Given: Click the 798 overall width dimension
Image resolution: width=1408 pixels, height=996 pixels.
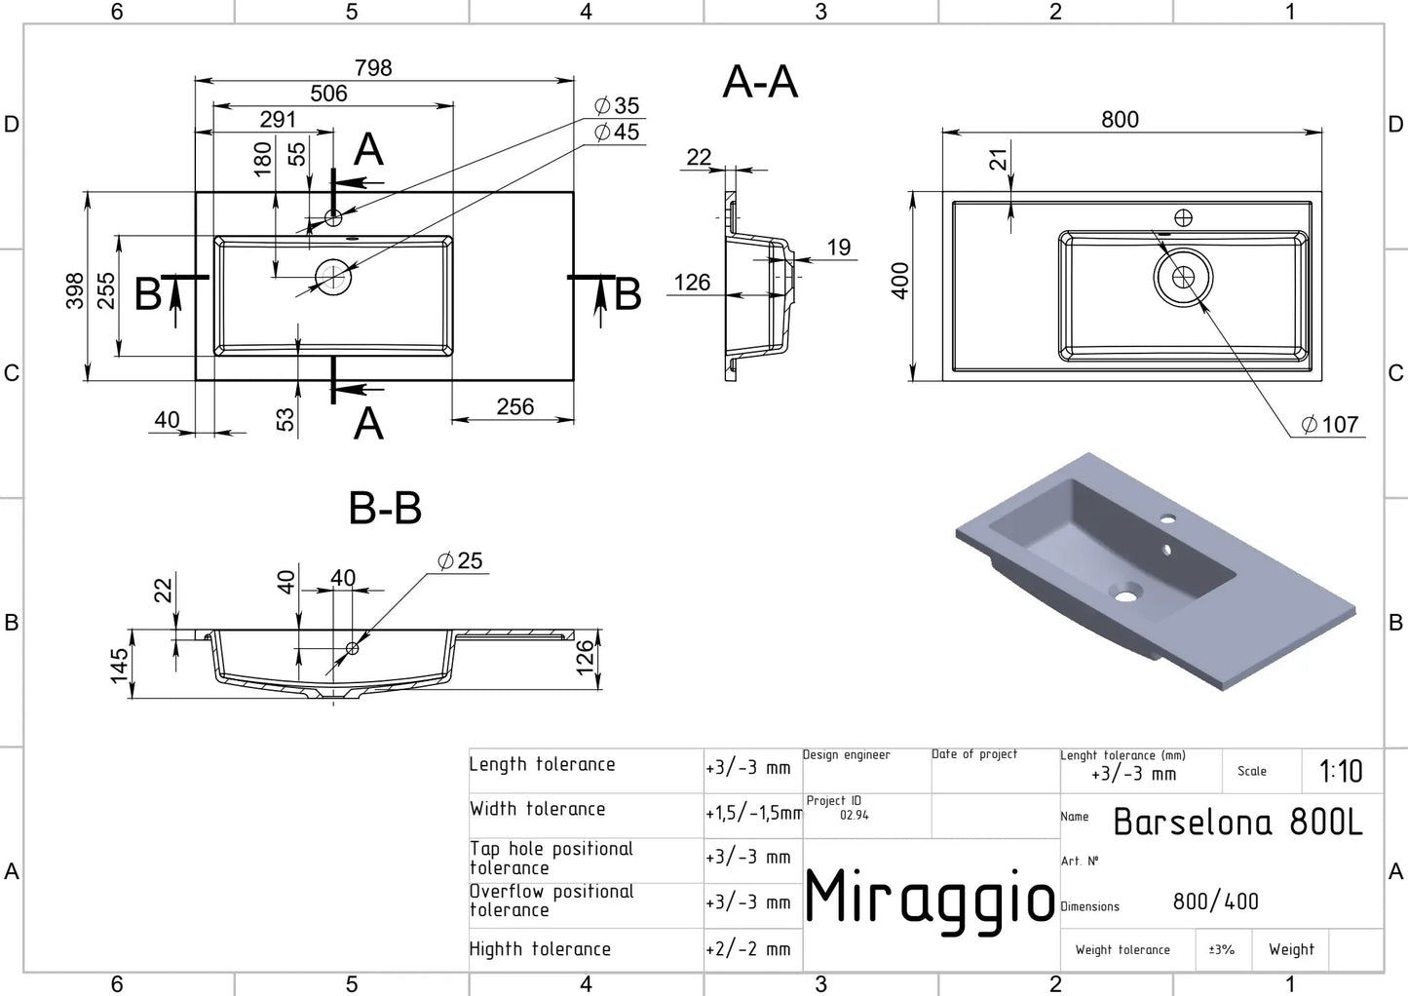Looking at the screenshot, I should [x=373, y=68].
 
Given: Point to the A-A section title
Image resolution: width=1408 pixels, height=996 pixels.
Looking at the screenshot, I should [x=760, y=82].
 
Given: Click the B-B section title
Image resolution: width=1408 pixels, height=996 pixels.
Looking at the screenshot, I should [x=385, y=508].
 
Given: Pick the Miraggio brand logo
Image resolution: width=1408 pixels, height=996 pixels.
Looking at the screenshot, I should [x=930, y=899].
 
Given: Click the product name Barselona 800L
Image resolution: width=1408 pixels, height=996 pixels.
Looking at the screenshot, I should [x=1237, y=823].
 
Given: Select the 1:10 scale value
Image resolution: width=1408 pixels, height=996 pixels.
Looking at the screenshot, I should [x=1341, y=772].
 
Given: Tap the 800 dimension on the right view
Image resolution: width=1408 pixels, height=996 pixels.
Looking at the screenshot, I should [x=1120, y=120].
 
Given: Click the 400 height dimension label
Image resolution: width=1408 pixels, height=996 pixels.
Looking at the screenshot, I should [x=900, y=281].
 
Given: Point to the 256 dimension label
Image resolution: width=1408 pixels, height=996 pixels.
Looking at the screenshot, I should [x=514, y=406].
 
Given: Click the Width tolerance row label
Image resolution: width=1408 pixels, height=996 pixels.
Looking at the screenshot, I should [x=537, y=809].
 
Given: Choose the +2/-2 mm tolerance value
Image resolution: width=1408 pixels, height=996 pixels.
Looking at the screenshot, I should [x=748, y=949].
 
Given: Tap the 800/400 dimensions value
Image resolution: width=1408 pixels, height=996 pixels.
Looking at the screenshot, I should [x=1215, y=902].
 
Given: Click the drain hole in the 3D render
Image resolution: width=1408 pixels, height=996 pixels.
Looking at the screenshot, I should [x=1127, y=592].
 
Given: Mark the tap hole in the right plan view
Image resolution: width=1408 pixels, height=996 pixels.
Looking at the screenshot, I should [x=1183, y=217].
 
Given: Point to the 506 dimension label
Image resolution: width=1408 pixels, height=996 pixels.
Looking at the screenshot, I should [x=328, y=94].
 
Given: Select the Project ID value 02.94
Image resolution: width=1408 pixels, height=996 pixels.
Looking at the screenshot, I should [x=854, y=816].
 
